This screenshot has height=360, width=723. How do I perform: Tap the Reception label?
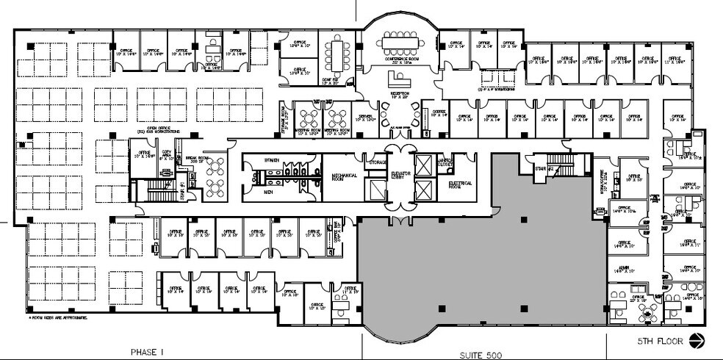coord(400,96)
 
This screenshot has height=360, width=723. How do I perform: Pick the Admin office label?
coord(625,270)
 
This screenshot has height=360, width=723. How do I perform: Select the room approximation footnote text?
coord(58,318)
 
